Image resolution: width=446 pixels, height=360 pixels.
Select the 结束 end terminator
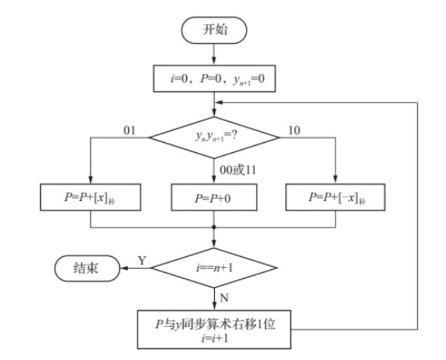(87, 268)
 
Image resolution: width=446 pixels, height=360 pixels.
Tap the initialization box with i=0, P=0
(214, 79)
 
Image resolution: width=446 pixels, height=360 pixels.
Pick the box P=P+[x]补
(90, 198)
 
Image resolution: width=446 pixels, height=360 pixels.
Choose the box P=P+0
(214, 198)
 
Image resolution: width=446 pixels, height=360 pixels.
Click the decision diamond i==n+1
(214, 269)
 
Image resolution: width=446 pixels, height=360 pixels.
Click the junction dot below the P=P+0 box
(214, 227)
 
